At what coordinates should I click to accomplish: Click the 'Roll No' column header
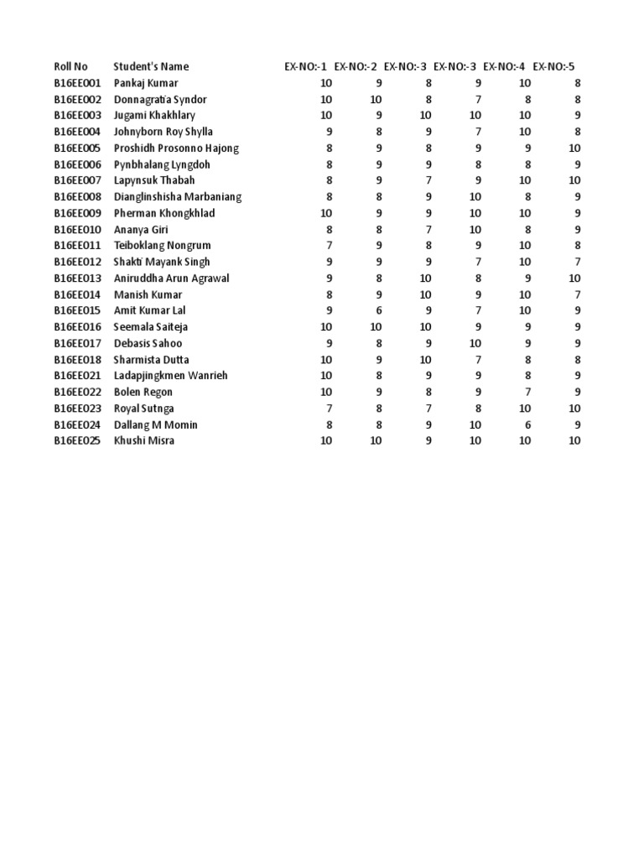tap(70, 66)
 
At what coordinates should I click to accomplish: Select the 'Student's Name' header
tap(151, 66)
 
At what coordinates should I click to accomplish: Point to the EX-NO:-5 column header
tap(554, 66)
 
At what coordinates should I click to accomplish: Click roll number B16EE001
tap(77, 83)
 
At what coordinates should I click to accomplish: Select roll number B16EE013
tap(77, 279)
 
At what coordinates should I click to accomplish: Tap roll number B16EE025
tap(77, 440)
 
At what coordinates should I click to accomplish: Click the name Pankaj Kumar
tap(145, 83)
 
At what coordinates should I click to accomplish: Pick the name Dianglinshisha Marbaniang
tap(177, 197)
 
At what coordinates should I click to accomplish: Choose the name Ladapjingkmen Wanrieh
tap(170, 376)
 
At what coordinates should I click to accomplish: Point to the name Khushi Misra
tap(143, 440)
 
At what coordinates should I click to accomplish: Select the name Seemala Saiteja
tap(150, 327)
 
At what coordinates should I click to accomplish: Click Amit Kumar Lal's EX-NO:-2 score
tap(379, 311)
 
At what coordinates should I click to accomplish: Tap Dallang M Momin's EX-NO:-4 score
tap(527, 424)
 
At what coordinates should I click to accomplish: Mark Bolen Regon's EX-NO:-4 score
tap(527, 392)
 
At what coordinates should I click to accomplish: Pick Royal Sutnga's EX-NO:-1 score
tap(330, 409)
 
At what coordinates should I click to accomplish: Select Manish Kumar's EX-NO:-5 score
tap(577, 294)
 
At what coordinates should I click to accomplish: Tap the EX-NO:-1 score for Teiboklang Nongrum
tap(330, 246)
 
